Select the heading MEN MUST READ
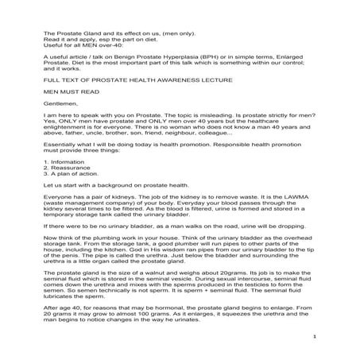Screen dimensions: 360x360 point(70,91)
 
